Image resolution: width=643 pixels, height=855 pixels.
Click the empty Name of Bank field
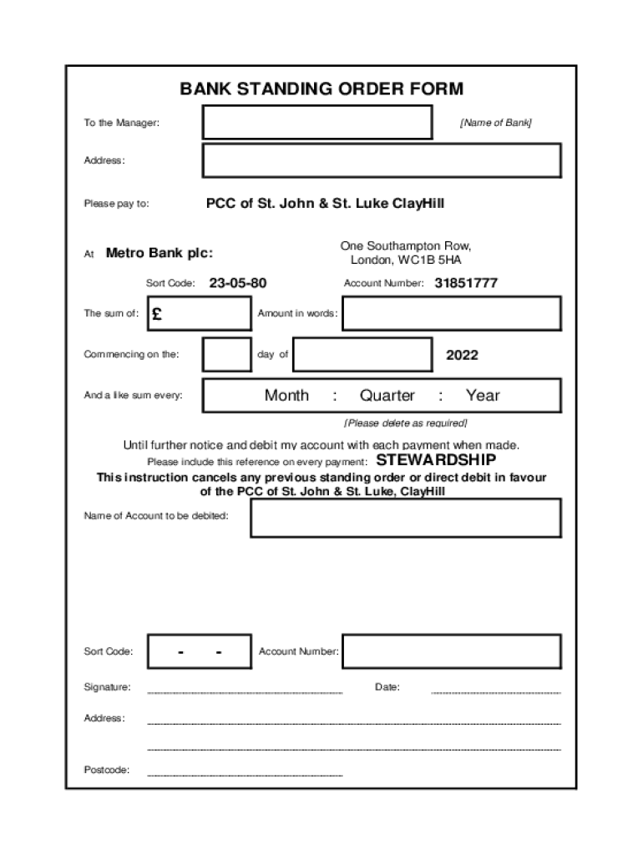tap(317, 123)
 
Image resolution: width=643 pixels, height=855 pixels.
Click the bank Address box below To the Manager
tap(382, 160)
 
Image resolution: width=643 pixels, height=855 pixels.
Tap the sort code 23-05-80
tap(238, 283)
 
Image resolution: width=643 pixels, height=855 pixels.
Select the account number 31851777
tap(466, 283)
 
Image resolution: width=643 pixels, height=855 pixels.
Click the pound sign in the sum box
tap(158, 314)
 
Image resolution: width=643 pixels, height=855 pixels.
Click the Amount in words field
tap(451, 314)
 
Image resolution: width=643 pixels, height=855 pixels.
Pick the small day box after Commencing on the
tap(227, 354)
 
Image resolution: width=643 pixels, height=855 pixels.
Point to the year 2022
tap(462, 355)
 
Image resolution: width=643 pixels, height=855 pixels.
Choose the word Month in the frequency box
tap(286, 396)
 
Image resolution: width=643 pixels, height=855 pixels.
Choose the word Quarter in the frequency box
tap(387, 396)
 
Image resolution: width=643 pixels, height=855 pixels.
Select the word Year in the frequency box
tap(483, 396)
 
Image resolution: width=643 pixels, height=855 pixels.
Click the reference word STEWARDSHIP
tap(436, 460)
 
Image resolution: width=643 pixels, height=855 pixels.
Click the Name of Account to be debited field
tap(406, 518)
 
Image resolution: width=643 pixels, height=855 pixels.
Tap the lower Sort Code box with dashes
tap(200, 651)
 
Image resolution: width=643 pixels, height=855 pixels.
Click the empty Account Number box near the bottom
tap(451, 651)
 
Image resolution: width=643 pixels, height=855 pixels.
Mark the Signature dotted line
tap(245, 692)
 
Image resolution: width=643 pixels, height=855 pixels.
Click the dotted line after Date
tap(495, 692)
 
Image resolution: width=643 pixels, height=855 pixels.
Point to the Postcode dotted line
tap(245, 776)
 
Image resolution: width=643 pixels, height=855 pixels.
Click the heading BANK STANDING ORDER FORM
tap(321, 89)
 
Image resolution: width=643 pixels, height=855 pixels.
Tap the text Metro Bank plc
tap(159, 253)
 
